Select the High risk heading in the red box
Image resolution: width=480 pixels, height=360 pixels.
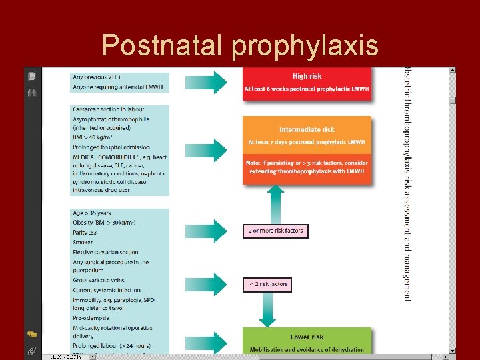pyautogui.click(x=307, y=76)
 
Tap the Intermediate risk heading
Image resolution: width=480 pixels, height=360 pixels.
pyautogui.click(x=307, y=129)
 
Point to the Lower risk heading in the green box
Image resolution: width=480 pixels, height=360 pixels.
pyautogui.click(x=307, y=337)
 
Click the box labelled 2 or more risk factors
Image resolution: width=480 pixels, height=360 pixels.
pyautogui.click(x=275, y=231)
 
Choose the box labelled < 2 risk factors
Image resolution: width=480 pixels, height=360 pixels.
pyautogui.click(x=267, y=284)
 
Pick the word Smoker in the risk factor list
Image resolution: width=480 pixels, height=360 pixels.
pyautogui.click(x=83, y=242)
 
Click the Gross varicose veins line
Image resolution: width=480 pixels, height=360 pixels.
pyautogui.click(x=98, y=280)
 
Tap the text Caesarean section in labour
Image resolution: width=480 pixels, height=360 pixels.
pyautogui.click(x=109, y=109)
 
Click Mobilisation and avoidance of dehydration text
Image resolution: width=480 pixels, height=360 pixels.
pyautogui.click(x=307, y=349)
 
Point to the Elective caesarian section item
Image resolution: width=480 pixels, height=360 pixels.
pyautogui.click(x=105, y=252)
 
